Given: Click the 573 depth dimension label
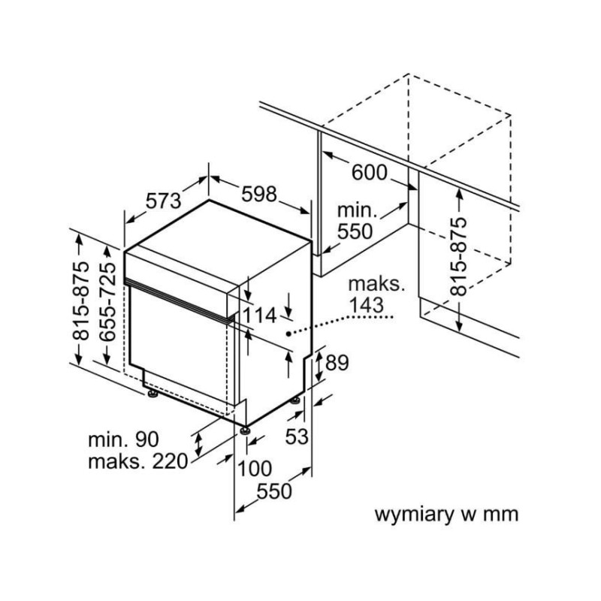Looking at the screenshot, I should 163,201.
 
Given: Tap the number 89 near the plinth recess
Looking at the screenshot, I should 337,364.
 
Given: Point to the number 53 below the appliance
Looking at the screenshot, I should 297,436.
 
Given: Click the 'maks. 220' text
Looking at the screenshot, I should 137,461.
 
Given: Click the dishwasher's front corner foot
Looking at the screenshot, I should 245,430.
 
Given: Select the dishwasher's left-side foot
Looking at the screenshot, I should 153,392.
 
